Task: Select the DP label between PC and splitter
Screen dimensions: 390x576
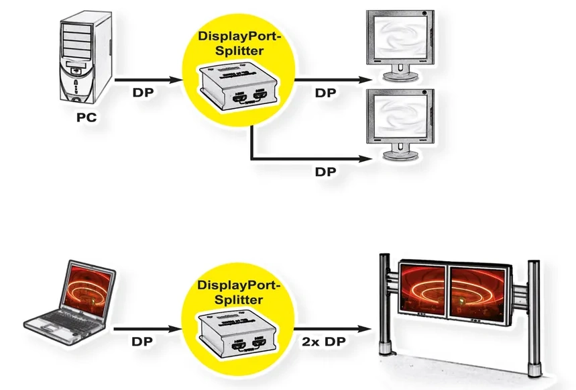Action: [144, 91]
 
